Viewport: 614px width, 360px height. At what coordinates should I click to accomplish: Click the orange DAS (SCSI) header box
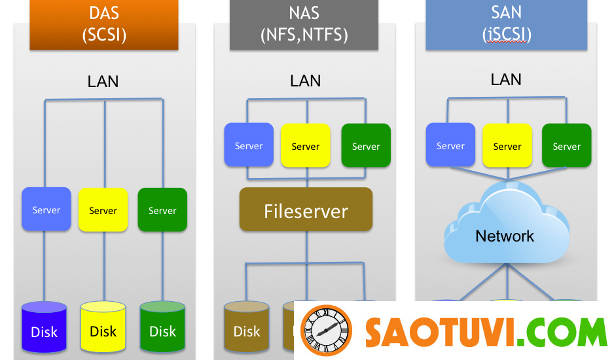[104, 25]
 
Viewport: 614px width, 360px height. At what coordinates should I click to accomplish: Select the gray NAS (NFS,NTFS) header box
[304, 25]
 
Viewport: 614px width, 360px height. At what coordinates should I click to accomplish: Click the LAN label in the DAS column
[103, 82]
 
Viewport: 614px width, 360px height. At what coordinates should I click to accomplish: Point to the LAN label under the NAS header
[306, 81]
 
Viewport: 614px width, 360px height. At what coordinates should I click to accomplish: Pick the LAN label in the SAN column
[506, 80]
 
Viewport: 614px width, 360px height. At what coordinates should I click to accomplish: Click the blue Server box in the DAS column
[46, 209]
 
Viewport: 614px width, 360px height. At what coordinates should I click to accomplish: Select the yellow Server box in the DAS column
[103, 209]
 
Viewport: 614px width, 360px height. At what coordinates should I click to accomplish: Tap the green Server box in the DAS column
[162, 209]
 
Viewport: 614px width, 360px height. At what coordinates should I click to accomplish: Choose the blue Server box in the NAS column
[249, 145]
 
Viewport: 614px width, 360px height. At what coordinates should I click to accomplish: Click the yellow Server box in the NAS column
[305, 145]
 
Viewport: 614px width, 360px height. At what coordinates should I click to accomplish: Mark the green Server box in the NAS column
[366, 145]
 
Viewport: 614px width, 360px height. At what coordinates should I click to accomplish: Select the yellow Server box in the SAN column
[507, 145]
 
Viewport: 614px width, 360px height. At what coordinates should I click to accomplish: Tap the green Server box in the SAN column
[566, 145]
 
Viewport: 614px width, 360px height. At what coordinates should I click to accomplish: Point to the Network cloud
[505, 229]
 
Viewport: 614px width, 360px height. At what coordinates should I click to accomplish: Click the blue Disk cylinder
[45, 330]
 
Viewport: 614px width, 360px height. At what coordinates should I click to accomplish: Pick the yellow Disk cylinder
[103, 330]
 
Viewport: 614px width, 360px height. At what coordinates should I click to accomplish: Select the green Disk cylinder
[162, 330]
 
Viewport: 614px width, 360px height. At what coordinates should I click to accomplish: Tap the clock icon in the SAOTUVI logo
[326, 331]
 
